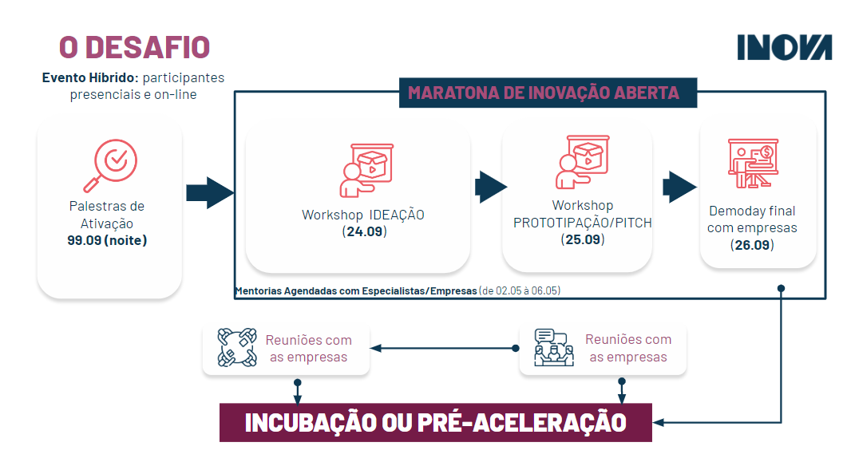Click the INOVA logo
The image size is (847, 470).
pos(785,47)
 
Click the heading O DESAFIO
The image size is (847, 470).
pos(134,47)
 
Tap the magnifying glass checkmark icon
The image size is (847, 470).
pos(110,165)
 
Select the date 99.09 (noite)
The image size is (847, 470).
pos(107,240)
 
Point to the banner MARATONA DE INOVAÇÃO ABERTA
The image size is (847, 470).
pos(548,93)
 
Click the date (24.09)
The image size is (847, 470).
pos(365,231)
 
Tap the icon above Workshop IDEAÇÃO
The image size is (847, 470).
pos(366,170)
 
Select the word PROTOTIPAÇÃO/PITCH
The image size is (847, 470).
pos(582,223)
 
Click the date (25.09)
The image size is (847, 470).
pos(582,239)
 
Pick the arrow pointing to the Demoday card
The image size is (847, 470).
pos(679,187)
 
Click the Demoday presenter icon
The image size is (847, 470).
pos(753,163)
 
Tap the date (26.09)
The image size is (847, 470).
pos(752,245)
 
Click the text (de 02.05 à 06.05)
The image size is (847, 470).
pos(520,290)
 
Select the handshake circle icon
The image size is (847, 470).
pos(236,347)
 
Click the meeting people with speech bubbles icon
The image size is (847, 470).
pos(554,347)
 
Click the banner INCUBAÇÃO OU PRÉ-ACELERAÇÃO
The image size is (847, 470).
pos(435,422)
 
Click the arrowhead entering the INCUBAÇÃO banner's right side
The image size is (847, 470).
pos(659,422)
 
